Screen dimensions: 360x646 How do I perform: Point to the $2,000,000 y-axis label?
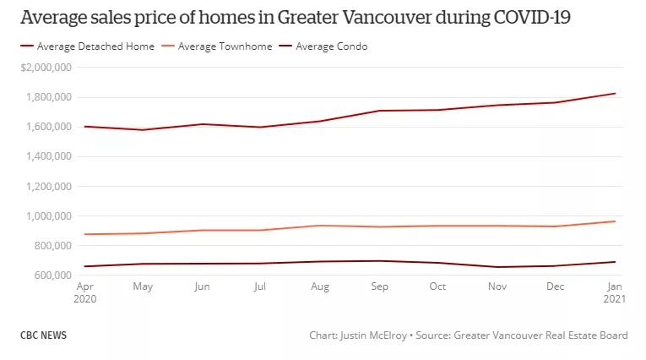(46, 67)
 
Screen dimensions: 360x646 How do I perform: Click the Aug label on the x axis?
(320, 286)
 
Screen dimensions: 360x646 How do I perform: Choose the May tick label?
(142, 286)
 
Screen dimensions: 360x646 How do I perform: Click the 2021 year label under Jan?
(616, 299)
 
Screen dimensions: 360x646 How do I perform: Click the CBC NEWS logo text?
(43, 335)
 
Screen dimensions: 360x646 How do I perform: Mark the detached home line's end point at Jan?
(615, 94)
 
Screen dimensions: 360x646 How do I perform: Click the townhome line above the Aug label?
(320, 226)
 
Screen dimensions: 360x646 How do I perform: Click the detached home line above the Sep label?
(380, 111)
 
